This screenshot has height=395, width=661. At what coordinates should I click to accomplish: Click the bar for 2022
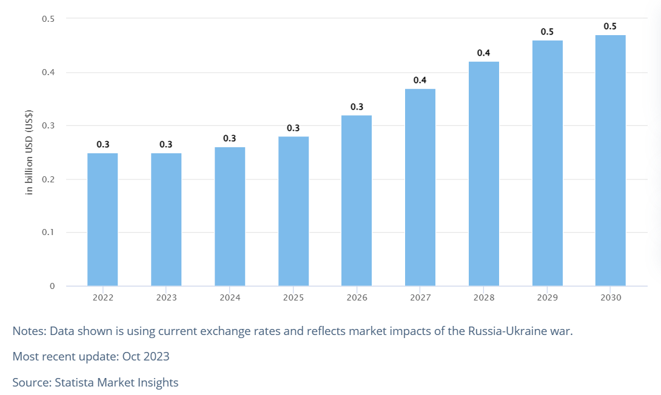tap(102, 219)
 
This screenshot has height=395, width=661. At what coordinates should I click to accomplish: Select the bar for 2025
tap(294, 211)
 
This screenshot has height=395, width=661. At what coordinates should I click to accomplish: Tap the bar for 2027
tap(420, 187)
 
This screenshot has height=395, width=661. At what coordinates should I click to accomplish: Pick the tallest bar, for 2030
tap(610, 161)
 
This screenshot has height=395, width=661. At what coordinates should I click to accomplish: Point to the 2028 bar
tap(484, 173)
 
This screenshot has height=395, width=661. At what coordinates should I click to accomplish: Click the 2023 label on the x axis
tap(166, 297)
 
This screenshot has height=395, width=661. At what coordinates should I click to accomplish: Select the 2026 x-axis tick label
tap(357, 297)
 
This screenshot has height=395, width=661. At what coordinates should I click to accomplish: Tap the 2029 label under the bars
tap(547, 297)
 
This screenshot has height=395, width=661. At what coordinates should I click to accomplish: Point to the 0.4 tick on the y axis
tap(49, 73)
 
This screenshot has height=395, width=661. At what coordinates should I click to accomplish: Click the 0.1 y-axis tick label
tap(49, 233)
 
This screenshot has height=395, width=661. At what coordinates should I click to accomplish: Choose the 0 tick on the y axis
tap(52, 286)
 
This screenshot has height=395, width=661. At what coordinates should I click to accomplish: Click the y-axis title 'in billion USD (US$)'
tap(29, 152)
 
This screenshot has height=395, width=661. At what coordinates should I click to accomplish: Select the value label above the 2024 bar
tap(230, 139)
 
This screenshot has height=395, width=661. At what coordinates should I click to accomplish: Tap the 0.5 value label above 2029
tap(547, 32)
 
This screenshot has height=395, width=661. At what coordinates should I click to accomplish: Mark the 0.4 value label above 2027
tap(420, 80)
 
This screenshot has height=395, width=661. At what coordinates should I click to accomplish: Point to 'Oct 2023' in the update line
tap(146, 356)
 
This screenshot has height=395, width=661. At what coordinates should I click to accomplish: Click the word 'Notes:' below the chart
tap(29, 331)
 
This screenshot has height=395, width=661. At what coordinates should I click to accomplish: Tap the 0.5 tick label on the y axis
tap(49, 19)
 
